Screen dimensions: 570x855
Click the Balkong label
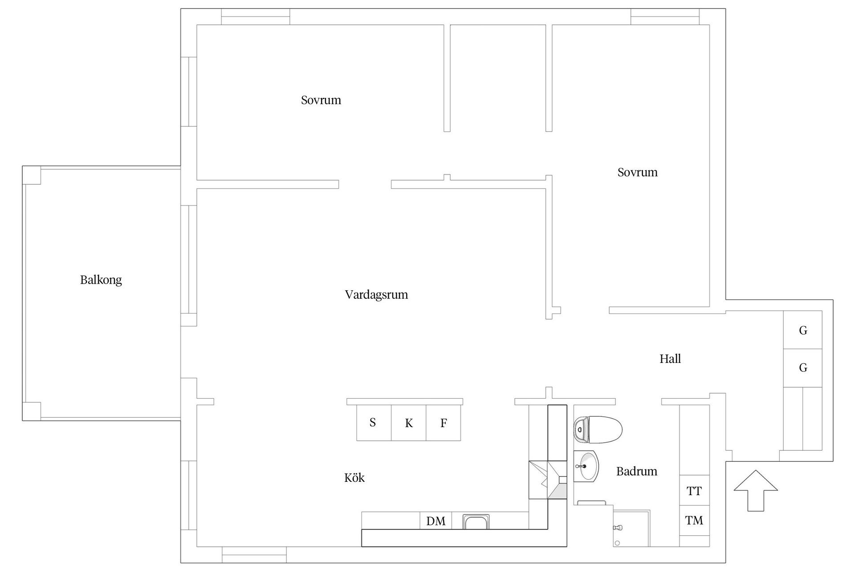pyautogui.click(x=101, y=280)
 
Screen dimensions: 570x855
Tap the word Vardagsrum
pyautogui.click(x=376, y=294)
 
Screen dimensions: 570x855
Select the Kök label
pyautogui.click(x=354, y=478)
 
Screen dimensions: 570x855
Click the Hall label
pyautogui.click(x=670, y=358)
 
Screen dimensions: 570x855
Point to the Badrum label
pyautogui.click(x=636, y=471)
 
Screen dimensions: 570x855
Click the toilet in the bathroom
pyautogui.click(x=598, y=430)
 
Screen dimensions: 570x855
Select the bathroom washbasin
pyautogui.click(x=586, y=466)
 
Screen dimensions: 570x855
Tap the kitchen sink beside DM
pyautogui.click(x=476, y=521)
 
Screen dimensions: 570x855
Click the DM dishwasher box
pyautogui.click(x=436, y=521)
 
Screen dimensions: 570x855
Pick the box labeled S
pyautogui.click(x=374, y=423)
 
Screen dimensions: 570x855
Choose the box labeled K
pyautogui.click(x=409, y=423)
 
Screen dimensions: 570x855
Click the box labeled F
pyautogui.click(x=444, y=423)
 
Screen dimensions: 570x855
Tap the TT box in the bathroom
pyautogui.click(x=694, y=491)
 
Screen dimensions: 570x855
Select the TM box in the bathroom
pyautogui.click(x=694, y=520)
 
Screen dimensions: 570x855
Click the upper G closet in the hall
pyautogui.click(x=803, y=330)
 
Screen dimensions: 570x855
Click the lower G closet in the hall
pyautogui.click(x=803, y=368)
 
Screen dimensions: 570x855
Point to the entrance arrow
pyautogui.click(x=756, y=490)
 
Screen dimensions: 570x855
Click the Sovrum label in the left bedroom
pyautogui.click(x=321, y=100)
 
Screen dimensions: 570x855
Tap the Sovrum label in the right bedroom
pyautogui.click(x=637, y=172)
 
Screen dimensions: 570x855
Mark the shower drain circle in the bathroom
pyautogui.click(x=617, y=543)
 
